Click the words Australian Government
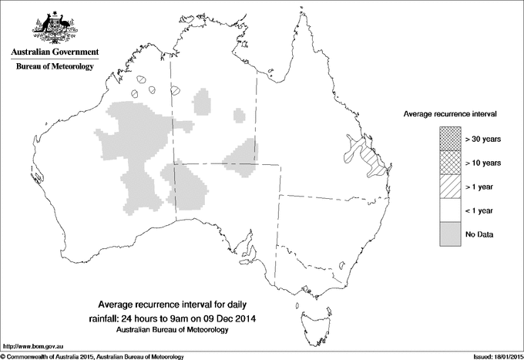click(x=54, y=52)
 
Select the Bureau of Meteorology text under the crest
click(x=54, y=67)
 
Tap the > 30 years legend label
click(x=484, y=139)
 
